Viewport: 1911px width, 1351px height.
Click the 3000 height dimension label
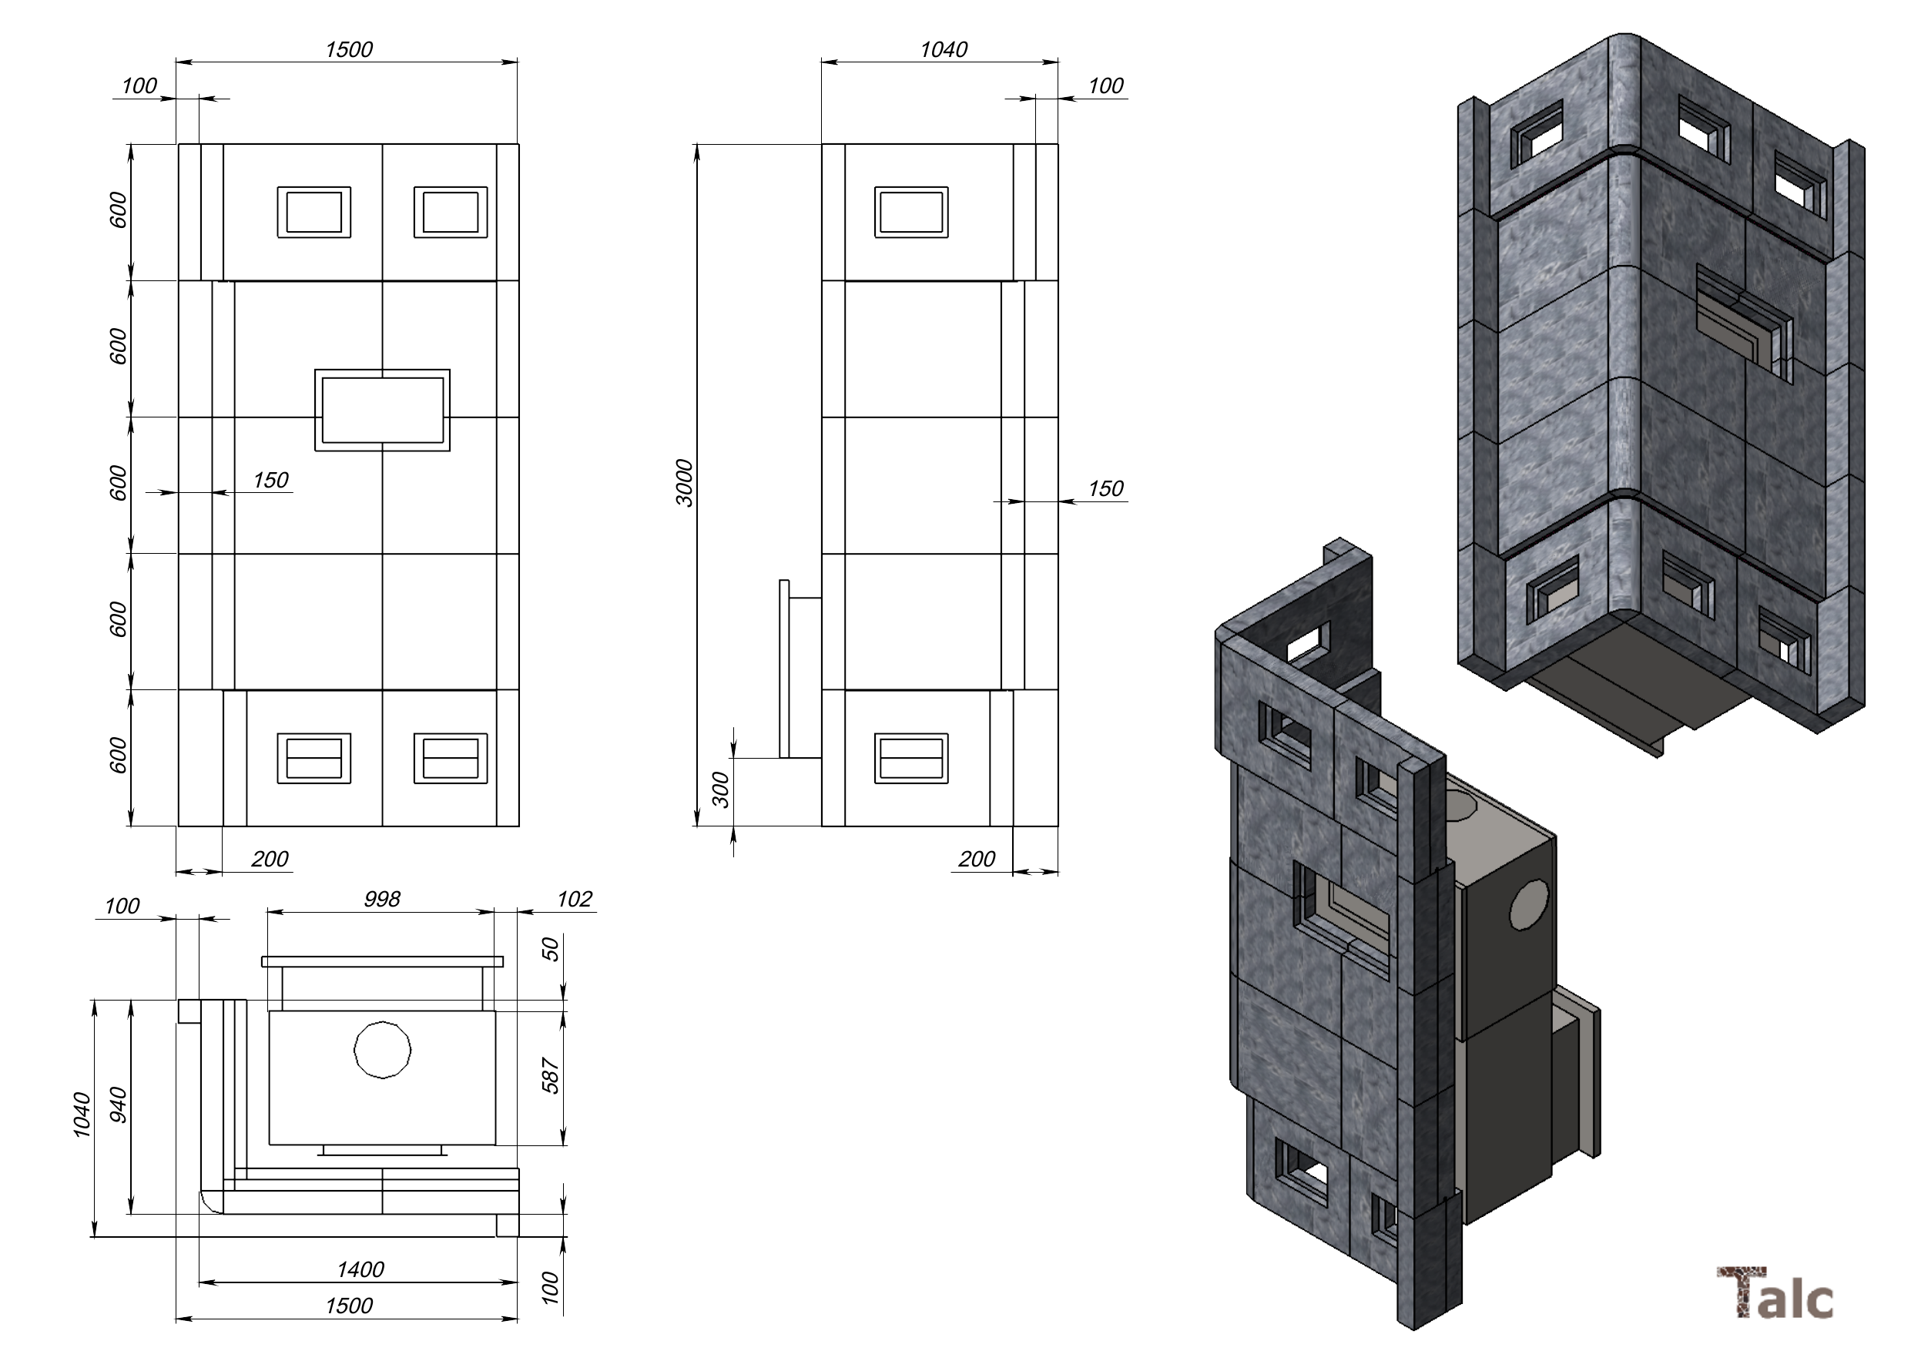(684, 483)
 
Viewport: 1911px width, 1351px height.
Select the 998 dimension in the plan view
(382, 899)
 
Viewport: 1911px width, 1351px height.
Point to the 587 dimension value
(551, 1075)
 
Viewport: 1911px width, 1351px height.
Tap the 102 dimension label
(575, 899)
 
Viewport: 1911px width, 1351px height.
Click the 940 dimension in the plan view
(119, 1105)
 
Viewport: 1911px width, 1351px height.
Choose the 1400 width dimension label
(360, 1269)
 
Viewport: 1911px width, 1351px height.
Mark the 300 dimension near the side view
(722, 789)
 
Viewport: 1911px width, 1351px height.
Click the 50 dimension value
(551, 949)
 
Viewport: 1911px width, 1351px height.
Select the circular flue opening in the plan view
(383, 1051)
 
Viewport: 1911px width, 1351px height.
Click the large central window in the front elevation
(383, 411)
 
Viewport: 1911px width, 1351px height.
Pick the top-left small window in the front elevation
(313, 213)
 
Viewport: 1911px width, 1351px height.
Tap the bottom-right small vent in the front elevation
(451, 759)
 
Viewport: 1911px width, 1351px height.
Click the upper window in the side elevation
(911, 213)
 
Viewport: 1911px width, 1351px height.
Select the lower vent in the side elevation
(911, 759)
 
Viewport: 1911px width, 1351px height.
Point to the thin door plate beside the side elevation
(784, 669)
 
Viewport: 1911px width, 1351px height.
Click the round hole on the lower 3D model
(1529, 903)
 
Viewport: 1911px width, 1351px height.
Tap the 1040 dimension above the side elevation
(944, 50)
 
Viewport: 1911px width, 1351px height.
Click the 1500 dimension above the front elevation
(349, 50)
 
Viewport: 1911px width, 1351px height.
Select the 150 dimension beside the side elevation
(1105, 488)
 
